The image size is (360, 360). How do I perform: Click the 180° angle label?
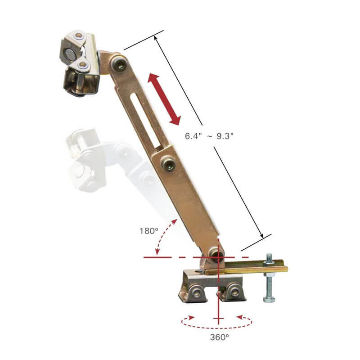[x=149, y=231]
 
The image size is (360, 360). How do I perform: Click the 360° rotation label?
[x=219, y=337]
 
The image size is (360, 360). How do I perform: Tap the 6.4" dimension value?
[x=193, y=136]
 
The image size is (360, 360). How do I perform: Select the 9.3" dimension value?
[x=225, y=136]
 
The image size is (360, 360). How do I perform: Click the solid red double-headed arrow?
[x=164, y=99]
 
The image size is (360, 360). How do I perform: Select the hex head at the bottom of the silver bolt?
[x=269, y=299]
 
